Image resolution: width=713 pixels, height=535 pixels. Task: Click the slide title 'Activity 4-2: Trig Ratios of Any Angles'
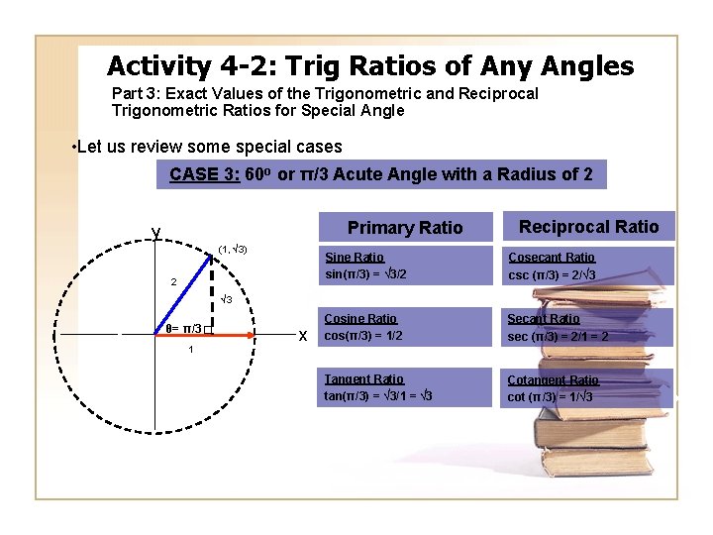(369, 66)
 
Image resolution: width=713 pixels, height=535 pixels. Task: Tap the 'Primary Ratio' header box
(404, 228)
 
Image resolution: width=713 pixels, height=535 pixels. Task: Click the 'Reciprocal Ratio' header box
(588, 227)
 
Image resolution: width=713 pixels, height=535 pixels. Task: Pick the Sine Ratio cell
(405, 266)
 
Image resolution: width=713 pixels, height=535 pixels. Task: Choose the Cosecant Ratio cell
(588, 266)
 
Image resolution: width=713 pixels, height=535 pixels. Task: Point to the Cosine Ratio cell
(405, 327)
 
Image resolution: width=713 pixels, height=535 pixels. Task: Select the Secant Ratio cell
(588, 327)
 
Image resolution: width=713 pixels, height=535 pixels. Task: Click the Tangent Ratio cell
(405, 387)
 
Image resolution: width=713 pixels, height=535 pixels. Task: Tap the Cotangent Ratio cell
(588, 387)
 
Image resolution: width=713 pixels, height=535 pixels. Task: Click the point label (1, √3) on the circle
(233, 249)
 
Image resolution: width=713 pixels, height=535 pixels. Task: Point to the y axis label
(155, 233)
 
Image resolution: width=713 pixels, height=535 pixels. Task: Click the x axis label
(302, 336)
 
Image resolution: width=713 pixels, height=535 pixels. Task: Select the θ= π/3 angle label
(183, 328)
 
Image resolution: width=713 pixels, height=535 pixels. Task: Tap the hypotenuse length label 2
(173, 282)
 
